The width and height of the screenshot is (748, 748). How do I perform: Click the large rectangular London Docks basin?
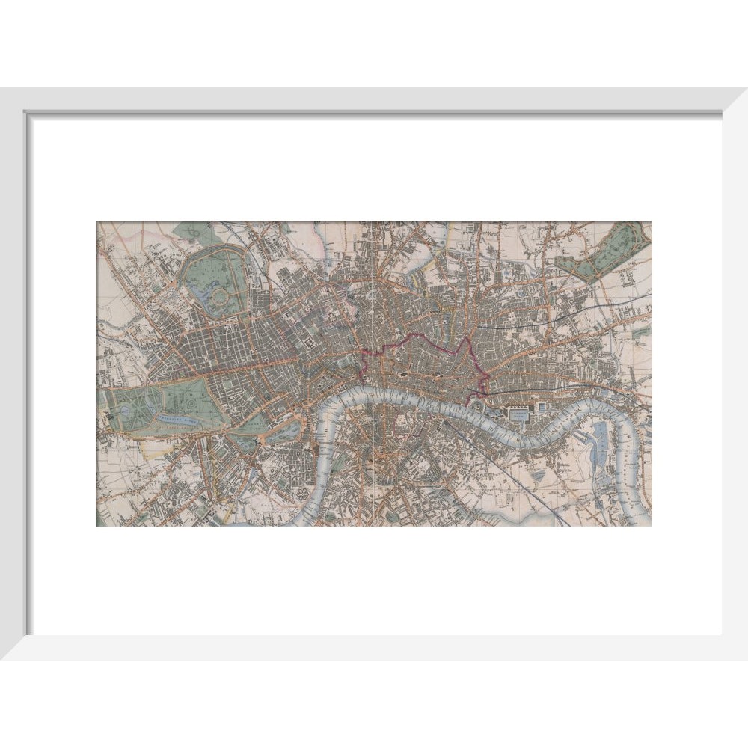coord(518,412)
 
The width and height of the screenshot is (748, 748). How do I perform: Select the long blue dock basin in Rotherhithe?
coord(601,441)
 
